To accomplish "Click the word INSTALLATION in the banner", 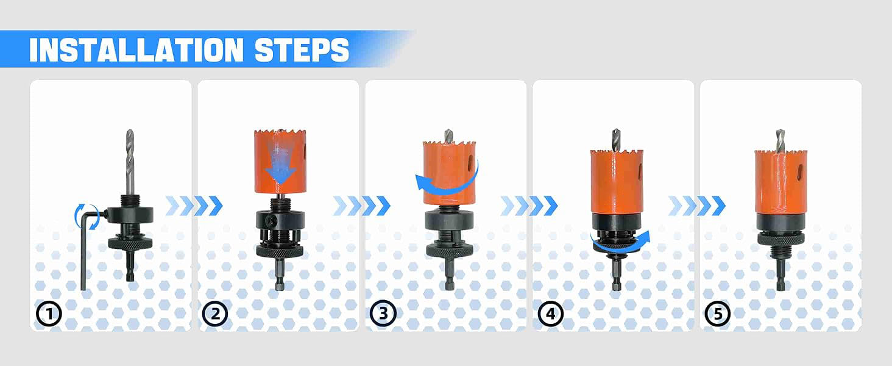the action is (136, 50).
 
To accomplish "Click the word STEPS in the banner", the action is (302, 50).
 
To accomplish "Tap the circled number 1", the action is (49, 314).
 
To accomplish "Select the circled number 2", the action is (215, 314).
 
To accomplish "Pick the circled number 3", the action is (383, 314).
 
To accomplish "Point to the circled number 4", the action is (550, 314).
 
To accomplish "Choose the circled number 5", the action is (718, 314).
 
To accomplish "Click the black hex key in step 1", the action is (83, 251).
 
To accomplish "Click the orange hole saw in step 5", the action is (780, 181).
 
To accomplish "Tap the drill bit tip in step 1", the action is (129, 131).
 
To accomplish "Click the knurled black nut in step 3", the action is (449, 250).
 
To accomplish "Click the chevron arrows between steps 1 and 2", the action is (194, 206).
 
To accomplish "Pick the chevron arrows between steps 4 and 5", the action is (696, 206).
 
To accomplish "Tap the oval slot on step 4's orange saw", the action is (640, 172).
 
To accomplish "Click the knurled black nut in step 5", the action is (780, 239).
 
